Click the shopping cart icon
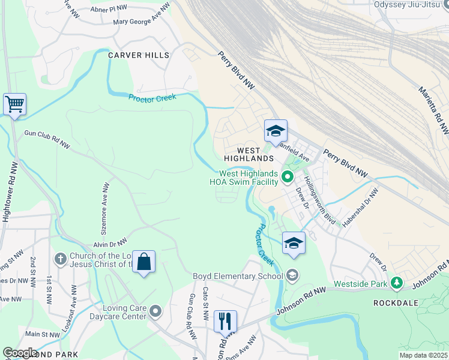click(x=14, y=104)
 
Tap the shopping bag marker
click(x=143, y=262)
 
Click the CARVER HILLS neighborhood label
click(x=139, y=55)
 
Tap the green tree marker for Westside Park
click(x=396, y=282)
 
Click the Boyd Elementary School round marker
click(x=292, y=276)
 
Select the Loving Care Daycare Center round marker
click(x=156, y=310)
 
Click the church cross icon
click(x=59, y=259)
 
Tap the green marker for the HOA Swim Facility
click(x=288, y=176)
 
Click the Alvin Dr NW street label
click(x=110, y=244)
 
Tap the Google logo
click(x=20, y=353)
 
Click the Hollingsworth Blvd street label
click(x=319, y=199)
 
